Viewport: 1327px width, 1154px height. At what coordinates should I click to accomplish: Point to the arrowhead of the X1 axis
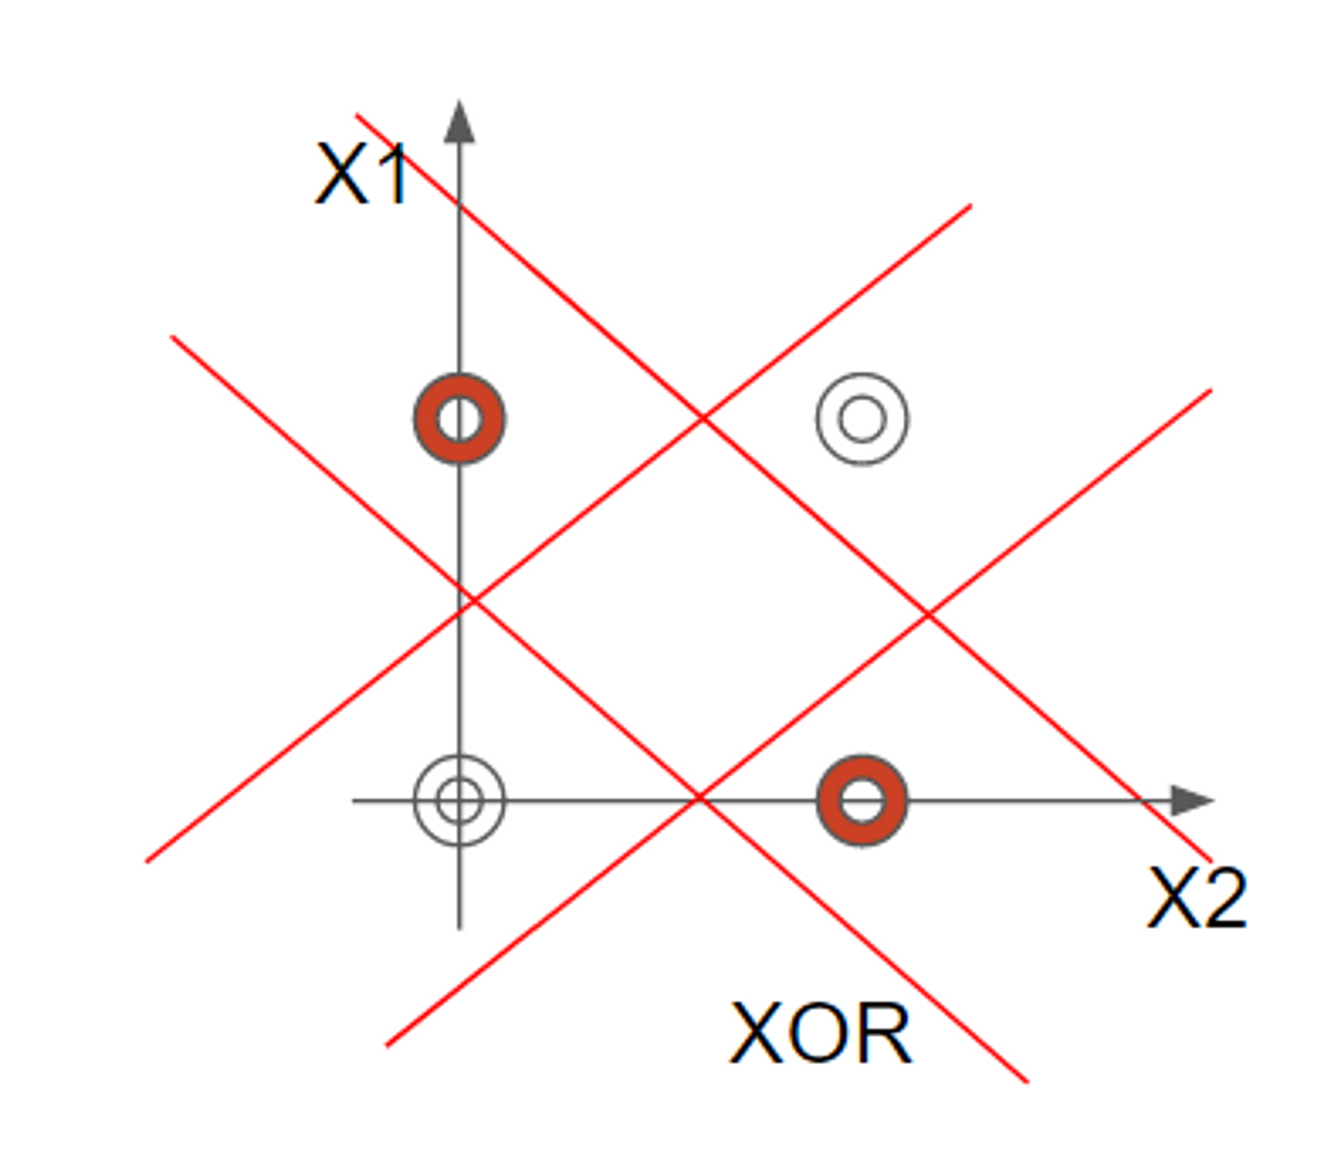tap(459, 123)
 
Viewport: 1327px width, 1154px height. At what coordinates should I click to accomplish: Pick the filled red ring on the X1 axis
tap(459, 419)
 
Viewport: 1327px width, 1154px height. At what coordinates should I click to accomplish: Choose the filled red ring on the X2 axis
tap(862, 801)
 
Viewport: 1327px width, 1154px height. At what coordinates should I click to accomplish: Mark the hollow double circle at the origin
tap(459, 801)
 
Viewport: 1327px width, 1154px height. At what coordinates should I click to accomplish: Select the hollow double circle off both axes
tap(862, 419)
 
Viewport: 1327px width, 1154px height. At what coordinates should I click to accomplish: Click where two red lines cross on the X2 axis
tap(699, 799)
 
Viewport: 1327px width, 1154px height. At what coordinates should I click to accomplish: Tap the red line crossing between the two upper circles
tap(703, 418)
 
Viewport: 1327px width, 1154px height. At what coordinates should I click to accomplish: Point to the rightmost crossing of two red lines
tap(928, 615)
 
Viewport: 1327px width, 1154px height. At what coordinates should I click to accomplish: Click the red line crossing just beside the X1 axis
tap(473, 601)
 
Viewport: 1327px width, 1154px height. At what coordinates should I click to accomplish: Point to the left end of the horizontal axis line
tap(354, 801)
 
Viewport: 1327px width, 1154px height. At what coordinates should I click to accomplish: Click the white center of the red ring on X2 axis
tap(862, 801)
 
